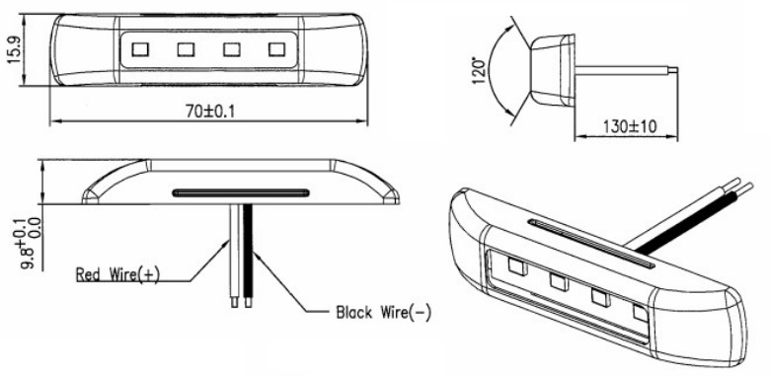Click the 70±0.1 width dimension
pyautogui.click(x=209, y=112)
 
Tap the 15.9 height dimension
pyautogui.click(x=14, y=49)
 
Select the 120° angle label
pyautogui.click(x=479, y=71)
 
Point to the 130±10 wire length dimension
pyautogui.click(x=630, y=126)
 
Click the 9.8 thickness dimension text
pyautogui.click(x=35, y=244)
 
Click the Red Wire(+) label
pyautogui.click(x=117, y=274)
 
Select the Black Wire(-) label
pyautogui.click(x=383, y=312)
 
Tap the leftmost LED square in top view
pyautogui.click(x=140, y=49)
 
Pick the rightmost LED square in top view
pyautogui.click(x=277, y=49)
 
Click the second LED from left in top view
pyautogui.click(x=187, y=49)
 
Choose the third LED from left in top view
pyautogui.click(x=232, y=49)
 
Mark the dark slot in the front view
pyautogui.click(x=241, y=192)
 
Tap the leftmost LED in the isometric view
pyautogui.click(x=517, y=266)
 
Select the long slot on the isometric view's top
pyautogui.click(x=590, y=244)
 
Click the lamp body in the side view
pyautogui.click(x=552, y=70)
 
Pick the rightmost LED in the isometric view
pyautogui.click(x=641, y=314)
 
